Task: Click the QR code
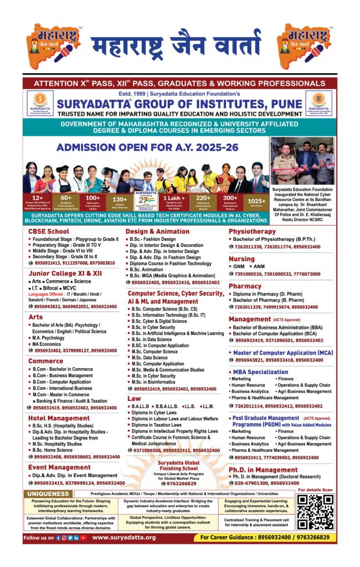(x=315, y=512)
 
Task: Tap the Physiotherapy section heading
(x=252, y=231)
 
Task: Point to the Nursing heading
(x=241, y=259)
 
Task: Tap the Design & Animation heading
(x=157, y=231)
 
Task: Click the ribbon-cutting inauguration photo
(x=302, y=161)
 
